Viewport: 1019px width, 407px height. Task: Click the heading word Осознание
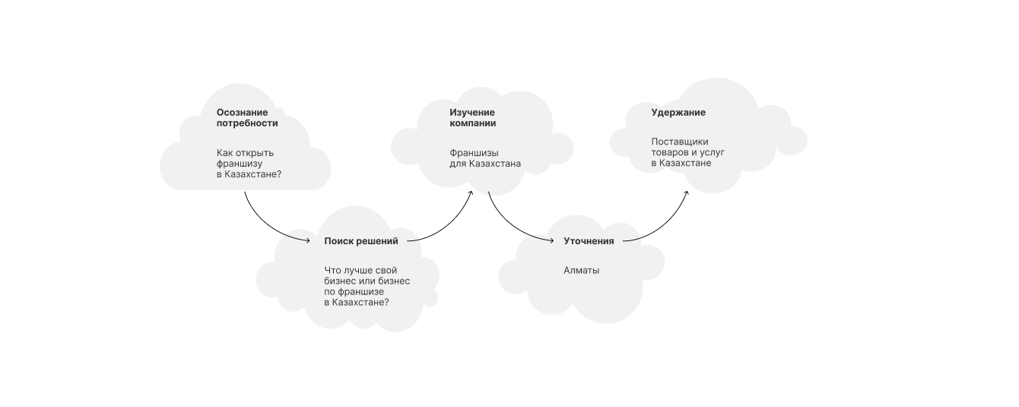click(x=242, y=113)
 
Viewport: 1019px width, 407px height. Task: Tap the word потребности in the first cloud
click(x=246, y=123)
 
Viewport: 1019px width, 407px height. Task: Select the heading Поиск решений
click(x=360, y=241)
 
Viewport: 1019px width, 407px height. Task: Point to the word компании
click(x=472, y=123)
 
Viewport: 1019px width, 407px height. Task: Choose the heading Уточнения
click(x=588, y=241)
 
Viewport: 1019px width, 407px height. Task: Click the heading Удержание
click(x=678, y=113)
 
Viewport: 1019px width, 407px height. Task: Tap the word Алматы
click(x=581, y=270)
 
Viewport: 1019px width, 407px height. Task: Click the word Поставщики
click(x=679, y=141)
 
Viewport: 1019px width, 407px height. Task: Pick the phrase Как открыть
click(x=245, y=153)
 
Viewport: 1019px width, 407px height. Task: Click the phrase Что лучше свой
click(x=360, y=270)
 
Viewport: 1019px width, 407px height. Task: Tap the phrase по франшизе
click(x=354, y=291)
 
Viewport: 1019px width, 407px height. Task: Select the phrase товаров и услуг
click(x=687, y=152)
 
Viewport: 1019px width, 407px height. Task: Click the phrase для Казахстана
click(x=484, y=164)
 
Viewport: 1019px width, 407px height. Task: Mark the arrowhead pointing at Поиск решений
click(x=308, y=241)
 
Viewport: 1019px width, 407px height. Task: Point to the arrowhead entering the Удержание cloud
click(x=686, y=193)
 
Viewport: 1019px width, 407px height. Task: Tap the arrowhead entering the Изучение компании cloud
click(x=471, y=193)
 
